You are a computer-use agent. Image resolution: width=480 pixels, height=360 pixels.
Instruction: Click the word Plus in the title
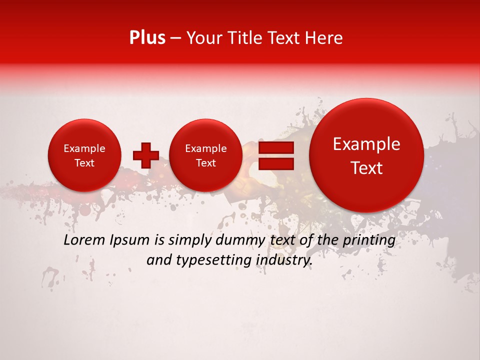[x=147, y=38]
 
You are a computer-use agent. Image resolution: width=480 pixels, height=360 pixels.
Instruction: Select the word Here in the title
[x=324, y=38]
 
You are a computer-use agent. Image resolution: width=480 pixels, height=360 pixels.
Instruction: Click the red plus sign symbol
[x=145, y=155]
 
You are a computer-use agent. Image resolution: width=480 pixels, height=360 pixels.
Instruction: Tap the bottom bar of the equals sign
[x=275, y=163]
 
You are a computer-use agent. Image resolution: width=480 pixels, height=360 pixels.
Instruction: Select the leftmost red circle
[x=84, y=155]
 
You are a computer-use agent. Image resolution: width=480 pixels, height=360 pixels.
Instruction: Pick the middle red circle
[x=205, y=155]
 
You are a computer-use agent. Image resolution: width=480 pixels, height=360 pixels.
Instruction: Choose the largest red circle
[x=366, y=155]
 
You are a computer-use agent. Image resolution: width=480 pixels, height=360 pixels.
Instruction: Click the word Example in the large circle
[x=366, y=144]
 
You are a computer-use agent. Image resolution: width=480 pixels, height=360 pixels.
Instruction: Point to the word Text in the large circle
[x=366, y=168]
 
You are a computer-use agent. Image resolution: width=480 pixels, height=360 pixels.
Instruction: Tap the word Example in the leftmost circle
[x=84, y=148]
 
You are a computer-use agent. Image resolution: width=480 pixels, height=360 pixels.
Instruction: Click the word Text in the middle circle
[x=205, y=163]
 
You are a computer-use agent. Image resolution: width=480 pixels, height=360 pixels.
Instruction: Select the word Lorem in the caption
[x=83, y=240]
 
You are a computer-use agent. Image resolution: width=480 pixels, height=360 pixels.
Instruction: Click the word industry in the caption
[x=284, y=260]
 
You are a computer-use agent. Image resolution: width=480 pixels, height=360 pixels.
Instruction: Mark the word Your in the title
[x=202, y=38]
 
